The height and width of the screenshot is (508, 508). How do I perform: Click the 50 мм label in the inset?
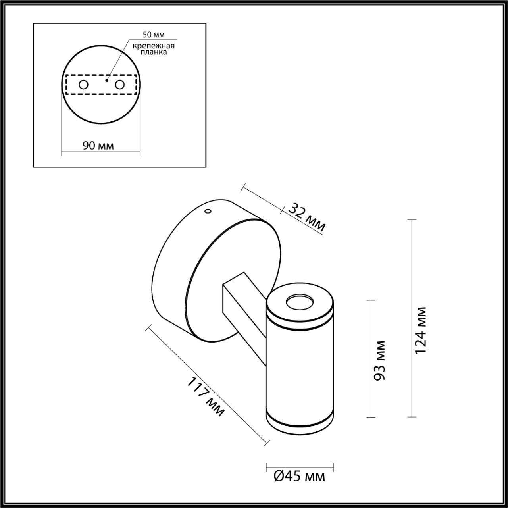[154, 35]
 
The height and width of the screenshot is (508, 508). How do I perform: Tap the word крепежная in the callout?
[154, 46]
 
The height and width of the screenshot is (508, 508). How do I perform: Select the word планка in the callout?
[154, 52]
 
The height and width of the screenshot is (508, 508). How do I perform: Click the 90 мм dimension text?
[98, 146]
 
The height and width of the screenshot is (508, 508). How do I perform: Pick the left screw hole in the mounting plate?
[84, 85]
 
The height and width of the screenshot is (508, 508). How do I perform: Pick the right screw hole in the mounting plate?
[119, 85]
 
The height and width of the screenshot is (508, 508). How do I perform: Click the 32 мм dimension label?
[306, 217]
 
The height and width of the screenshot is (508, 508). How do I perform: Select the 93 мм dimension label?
[380, 360]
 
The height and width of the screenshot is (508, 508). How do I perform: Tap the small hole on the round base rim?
[207, 212]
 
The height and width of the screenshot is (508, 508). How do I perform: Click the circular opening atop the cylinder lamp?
[300, 303]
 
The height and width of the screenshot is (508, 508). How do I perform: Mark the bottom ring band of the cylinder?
[300, 421]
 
